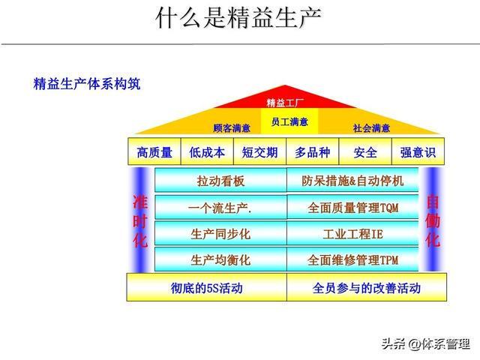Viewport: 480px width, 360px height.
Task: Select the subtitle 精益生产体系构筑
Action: (x=87, y=83)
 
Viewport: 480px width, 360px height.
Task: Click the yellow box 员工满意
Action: (x=288, y=120)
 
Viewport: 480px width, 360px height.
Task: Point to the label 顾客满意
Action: (x=232, y=127)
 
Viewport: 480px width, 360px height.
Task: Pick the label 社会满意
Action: (x=371, y=127)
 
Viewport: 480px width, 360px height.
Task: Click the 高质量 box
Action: (x=154, y=152)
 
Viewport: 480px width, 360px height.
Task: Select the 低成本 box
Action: (x=207, y=152)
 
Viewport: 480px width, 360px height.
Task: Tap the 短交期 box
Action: (x=259, y=152)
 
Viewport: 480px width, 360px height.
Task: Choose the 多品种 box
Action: (x=312, y=152)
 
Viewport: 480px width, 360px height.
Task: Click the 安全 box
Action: (x=365, y=152)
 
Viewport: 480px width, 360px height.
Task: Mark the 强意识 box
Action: (x=418, y=152)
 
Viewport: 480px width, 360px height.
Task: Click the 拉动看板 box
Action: (x=220, y=181)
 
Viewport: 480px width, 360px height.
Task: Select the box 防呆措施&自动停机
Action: (x=352, y=181)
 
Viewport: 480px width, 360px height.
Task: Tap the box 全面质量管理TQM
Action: (x=352, y=207)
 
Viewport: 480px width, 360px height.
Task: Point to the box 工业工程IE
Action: (x=352, y=234)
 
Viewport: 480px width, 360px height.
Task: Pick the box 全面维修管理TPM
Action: (x=352, y=260)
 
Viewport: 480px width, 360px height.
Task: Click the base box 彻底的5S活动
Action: (x=206, y=288)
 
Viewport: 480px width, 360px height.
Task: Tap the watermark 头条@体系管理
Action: (x=425, y=344)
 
